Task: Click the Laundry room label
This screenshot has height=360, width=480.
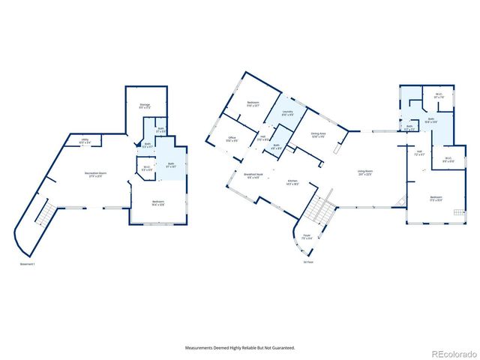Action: [287, 113]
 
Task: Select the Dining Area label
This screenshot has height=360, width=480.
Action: [317, 134]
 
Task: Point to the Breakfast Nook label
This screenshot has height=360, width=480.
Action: [252, 175]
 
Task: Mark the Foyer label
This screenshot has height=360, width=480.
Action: [307, 237]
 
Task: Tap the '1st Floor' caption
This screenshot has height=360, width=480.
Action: [309, 262]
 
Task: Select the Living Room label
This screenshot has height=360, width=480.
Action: [364, 175]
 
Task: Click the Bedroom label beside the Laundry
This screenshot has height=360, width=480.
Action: [253, 103]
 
